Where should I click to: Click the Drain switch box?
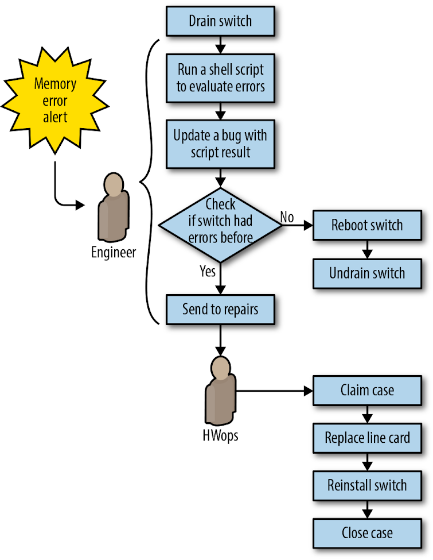[x=220, y=21]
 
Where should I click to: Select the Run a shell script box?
[x=220, y=78]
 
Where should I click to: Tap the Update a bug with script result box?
[x=220, y=144]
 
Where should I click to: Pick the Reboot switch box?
[x=367, y=225]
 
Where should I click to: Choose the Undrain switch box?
[x=367, y=273]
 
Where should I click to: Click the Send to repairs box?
[x=220, y=310]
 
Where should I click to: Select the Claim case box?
[x=367, y=391]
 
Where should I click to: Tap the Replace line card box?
[x=367, y=438]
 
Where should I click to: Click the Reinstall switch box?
[x=367, y=485]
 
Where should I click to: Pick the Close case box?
[x=367, y=532]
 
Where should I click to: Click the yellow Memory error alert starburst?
[x=54, y=101]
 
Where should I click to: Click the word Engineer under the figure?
[x=114, y=252]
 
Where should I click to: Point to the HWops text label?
[x=220, y=435]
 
